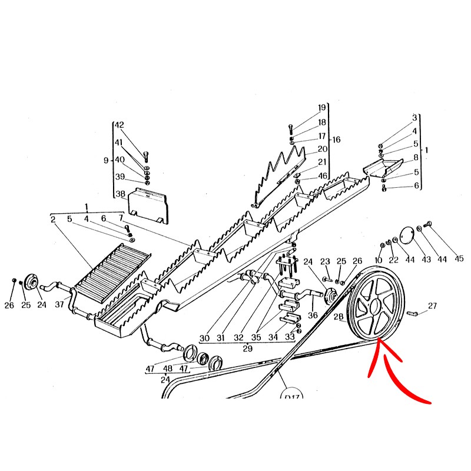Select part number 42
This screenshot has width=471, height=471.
point(120,125)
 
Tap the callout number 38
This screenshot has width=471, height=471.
point(121,194)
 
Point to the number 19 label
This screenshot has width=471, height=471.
point(321,108)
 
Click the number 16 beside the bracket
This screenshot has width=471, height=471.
point(336,140)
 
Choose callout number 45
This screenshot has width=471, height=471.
point(459,258)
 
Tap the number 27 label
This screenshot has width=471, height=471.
point(432,306)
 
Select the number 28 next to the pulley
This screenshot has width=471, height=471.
point(339,316)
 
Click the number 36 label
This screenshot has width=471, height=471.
point(313,315)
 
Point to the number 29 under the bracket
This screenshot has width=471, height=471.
point(247,349)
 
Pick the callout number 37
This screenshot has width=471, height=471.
point(59,304)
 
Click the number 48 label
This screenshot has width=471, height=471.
point(168,369)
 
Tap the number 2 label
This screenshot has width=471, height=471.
point(53,220)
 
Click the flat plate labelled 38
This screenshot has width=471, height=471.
point(148,206)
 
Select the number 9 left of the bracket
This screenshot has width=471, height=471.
point(106,160)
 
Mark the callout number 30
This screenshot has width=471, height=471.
point(204,338)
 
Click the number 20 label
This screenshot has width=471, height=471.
point(323,149)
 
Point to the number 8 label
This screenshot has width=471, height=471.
point(416,157)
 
